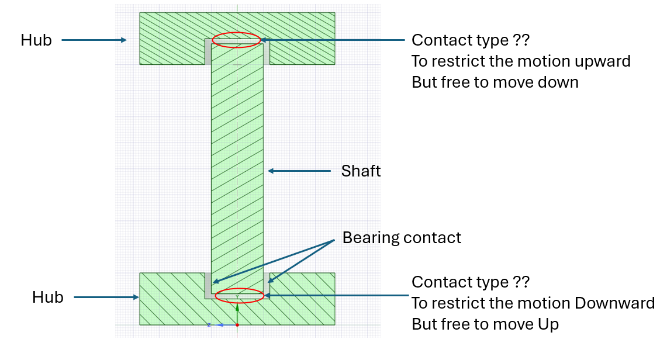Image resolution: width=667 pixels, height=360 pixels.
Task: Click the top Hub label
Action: tap(36, 40)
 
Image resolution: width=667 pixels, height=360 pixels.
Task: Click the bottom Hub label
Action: tap(48, 297)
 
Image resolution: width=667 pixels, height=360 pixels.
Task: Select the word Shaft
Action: tap(361, 171)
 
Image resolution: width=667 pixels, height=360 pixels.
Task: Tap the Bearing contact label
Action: tap(402, 238)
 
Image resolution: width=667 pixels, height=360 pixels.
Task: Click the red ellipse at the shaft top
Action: tap(236, 40)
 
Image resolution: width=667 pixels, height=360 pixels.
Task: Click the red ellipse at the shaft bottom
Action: tap(240, 295)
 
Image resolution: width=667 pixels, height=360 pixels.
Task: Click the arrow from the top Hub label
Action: tap(94, 40)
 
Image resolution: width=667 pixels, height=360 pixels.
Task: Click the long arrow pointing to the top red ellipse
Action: tap(333, 40)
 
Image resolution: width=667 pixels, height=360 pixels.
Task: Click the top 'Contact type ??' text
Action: tap(471, 40)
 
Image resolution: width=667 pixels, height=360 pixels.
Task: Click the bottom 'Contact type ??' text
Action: tap(471, 282)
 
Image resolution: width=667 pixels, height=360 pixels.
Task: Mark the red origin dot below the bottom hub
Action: tap(237, 324)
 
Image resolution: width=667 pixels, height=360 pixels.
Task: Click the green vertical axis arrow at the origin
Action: tap(237, 315)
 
